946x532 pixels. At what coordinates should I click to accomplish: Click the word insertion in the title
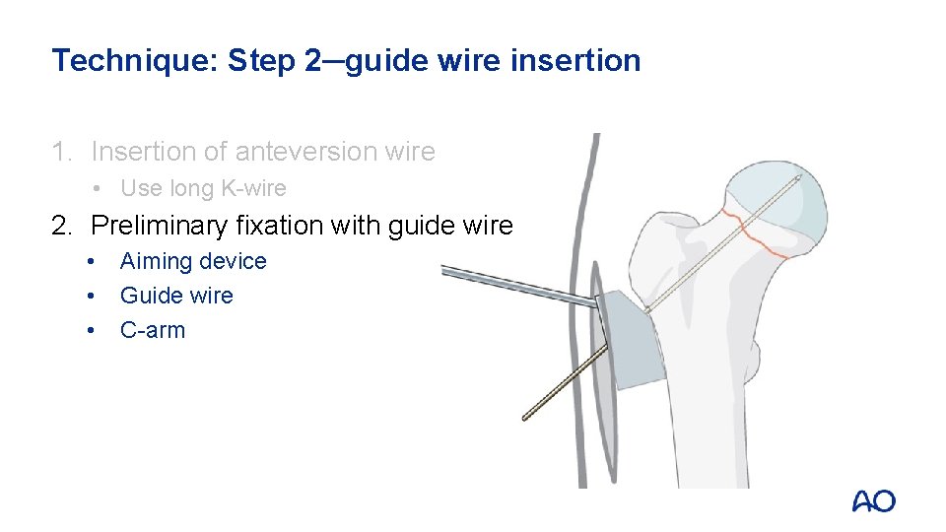[x=575, y=60]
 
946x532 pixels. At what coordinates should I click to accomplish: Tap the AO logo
[x=874, y=501]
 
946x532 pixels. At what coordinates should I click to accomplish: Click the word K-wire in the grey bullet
[x=253, y=188]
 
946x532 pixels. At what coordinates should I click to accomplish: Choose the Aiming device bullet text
[x=193, y=261]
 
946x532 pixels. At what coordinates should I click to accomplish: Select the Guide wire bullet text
[x=176, y=296]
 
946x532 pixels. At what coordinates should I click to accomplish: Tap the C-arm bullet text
[x=153, y=331]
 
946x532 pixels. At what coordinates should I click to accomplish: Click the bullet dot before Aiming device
[x=91, y=262]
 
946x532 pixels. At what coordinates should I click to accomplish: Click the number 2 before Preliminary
[x=62, y=227]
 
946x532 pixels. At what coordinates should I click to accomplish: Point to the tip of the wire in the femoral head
[x=800, y=176]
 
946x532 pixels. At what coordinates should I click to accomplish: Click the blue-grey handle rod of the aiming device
[x=519, y=285]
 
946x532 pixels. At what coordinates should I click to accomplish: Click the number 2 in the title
[x=312, y=61]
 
